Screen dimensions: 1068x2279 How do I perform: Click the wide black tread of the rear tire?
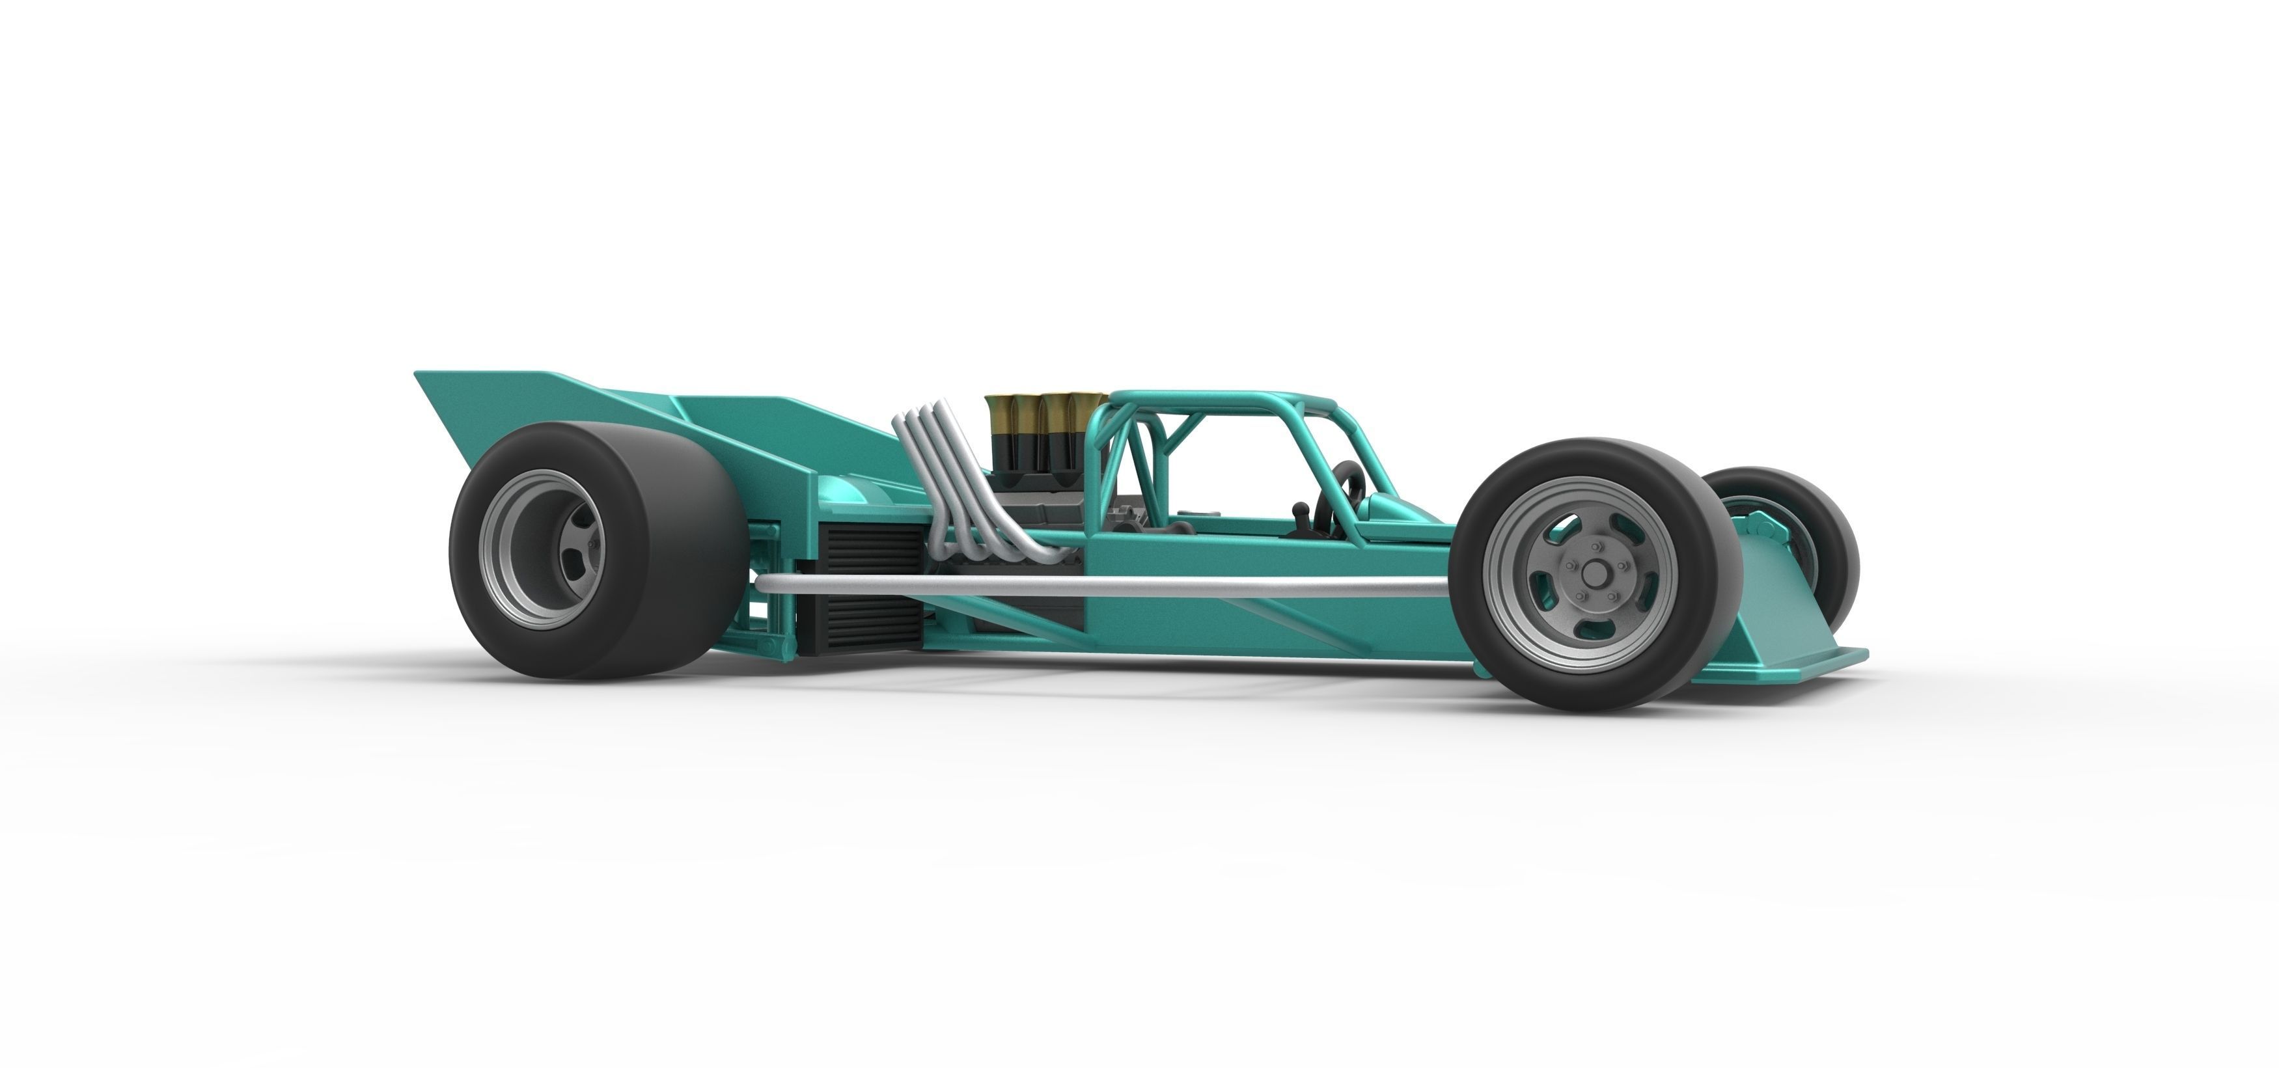(690, 566)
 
